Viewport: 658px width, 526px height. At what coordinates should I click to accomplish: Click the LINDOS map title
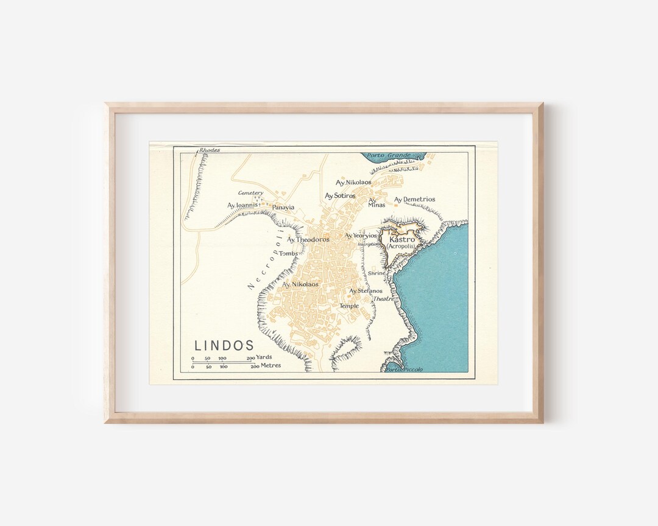click(224, 345)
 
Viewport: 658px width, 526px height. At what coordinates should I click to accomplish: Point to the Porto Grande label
click(389, 155)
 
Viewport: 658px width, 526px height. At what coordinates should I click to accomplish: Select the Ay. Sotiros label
click(340, 195)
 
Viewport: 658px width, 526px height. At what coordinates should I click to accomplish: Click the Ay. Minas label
click(377, 202)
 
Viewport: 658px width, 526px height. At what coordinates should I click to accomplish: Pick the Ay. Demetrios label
click(414, 199)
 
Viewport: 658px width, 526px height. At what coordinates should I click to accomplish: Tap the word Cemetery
click(250, 193)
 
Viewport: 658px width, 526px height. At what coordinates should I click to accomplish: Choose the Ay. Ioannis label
click(243, 205)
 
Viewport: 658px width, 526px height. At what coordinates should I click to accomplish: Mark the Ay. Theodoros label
click(308, 239)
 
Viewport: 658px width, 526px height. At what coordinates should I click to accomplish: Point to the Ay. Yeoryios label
click(361, 236)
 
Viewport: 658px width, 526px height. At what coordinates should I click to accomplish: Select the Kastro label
click(402, 239)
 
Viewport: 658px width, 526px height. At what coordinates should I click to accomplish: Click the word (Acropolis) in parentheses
click(402, 247)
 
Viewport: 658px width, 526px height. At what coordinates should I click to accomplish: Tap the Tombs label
click(288, 253)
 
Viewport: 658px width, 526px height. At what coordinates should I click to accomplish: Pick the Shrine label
click(376, 273)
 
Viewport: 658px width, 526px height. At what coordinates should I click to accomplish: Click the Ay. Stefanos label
click(366, 291)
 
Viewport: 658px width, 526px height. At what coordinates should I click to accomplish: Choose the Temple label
click(349, 306)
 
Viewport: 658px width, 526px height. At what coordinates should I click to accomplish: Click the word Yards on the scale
click(264, 357)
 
